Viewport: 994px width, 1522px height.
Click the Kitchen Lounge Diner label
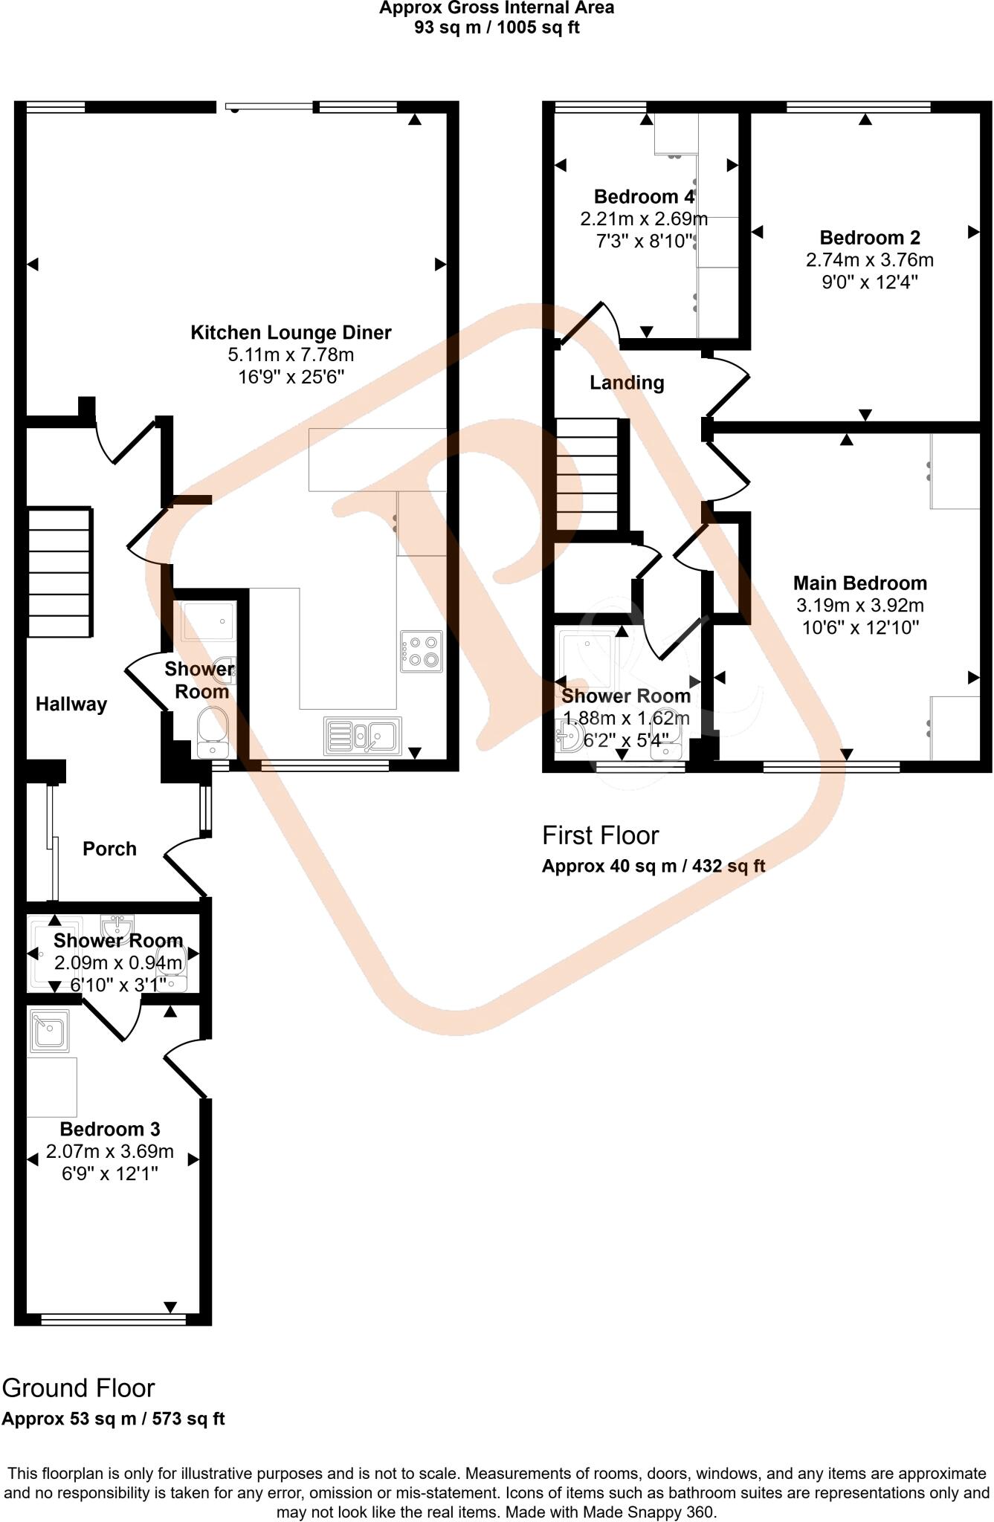(x=291, y=332)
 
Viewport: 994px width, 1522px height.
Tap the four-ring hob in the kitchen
(x=422, y=652)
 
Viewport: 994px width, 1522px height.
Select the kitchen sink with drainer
(x=363, y=736)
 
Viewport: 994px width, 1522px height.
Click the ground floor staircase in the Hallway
(x=60, y=571)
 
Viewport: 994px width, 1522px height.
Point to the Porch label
(x=109, y=849)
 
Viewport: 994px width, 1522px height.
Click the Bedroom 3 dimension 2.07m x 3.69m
(x=110, y=1152)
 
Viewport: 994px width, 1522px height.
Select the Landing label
(x=627, y=383)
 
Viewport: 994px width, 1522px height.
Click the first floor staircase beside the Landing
(x=587, y=474)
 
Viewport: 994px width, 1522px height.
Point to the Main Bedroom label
(x=860, y=583)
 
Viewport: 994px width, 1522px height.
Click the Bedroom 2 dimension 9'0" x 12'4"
(x=870, y=282)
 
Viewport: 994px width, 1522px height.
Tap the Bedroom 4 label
(x=644, y=197)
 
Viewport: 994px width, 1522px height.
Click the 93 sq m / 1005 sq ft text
(x=497, y=28)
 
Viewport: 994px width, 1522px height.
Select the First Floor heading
(x=600, y=835)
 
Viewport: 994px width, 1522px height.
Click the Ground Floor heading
(x=78, y=1388)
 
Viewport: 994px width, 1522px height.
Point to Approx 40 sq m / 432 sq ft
(x=653, y=866)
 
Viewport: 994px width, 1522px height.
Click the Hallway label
(x=71, y=704)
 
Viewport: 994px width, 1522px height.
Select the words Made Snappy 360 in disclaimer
(x=648, y=1512)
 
